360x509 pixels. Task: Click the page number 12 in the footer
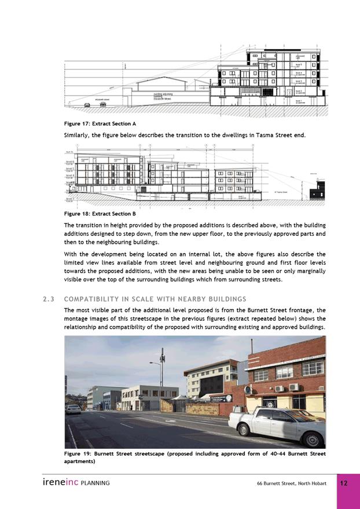tap(343, 483)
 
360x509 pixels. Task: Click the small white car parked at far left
tap(73, 409)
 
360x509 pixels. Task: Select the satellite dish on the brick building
tap(248, 390)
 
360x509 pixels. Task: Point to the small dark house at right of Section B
tap(317, 192)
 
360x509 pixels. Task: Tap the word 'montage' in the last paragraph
tap(77, 319)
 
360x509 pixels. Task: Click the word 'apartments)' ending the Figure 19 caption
tap(80, 462)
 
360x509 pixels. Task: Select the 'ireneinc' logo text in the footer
tap(60, 482)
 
